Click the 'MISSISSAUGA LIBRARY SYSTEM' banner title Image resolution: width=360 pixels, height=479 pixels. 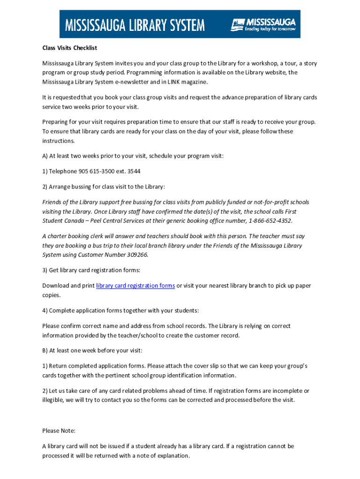[135, 24]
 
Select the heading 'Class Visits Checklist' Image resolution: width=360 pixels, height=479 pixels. [69, 48]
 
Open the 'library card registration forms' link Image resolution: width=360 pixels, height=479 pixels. [136, 286]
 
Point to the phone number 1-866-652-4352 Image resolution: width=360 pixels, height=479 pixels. [270, 221]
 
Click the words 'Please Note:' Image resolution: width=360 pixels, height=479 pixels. [58, 431]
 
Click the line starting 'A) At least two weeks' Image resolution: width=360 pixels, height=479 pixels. [133, 156]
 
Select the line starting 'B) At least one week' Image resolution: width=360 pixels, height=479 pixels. [92, 350]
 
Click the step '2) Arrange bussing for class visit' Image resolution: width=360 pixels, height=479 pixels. [103, 187]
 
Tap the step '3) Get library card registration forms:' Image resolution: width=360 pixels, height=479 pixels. [91, 270]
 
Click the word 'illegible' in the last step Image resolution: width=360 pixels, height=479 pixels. [54, 400]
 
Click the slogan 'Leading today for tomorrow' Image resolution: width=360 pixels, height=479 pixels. [270, 29]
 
